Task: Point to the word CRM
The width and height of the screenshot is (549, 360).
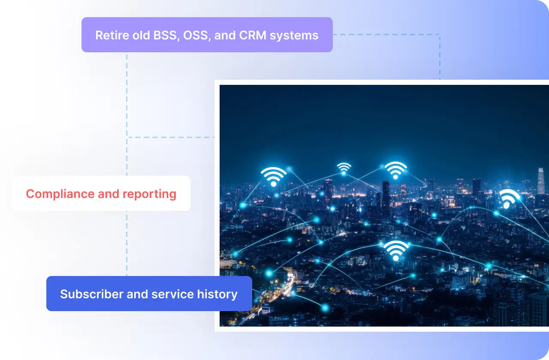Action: click(253, 35)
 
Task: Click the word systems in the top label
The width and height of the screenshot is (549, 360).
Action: click(294, 36)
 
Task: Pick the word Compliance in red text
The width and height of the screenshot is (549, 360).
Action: click(60, 194)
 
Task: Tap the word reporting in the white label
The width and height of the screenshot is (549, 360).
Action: click(150, 194)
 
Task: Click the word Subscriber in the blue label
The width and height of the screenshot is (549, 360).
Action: click(92, 294)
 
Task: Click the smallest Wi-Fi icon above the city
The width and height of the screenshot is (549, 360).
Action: click(344, 169)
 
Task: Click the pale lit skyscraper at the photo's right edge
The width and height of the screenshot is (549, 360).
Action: click(541, 181)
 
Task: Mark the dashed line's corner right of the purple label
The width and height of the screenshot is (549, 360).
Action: click(440, 35)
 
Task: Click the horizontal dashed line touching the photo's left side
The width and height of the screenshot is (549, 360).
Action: click(171, 138)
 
